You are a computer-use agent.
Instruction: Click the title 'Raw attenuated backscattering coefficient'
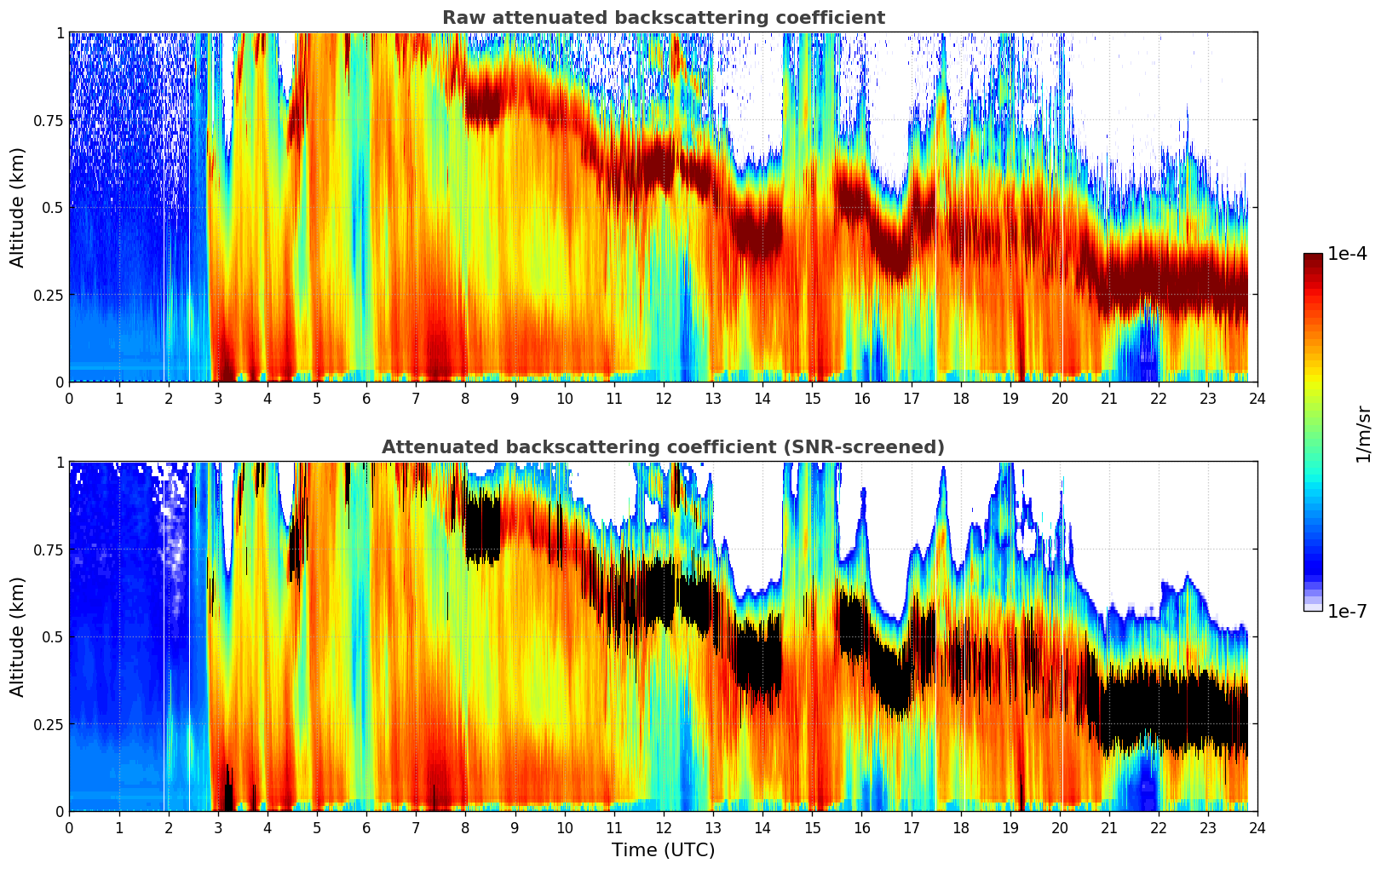[x=663, y=18]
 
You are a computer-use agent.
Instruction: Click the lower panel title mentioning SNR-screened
[x=663, y=447]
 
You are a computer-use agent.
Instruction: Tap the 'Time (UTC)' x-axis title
[x=663, y=850]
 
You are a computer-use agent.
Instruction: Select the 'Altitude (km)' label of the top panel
[x=18, y=207]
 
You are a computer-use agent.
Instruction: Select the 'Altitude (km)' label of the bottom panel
[x=18, y=636]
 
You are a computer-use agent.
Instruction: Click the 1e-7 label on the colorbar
[x=1348, y=611]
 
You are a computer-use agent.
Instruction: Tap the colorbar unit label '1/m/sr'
[x=1363, y=434]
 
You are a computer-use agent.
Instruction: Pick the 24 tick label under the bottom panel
[x=1257, y=828]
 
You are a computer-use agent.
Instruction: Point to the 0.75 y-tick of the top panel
[x=48, y=120]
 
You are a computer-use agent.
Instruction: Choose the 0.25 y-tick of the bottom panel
[x=48, y=724]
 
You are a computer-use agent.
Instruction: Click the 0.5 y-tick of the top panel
[x=53, y=207]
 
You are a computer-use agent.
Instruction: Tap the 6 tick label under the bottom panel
[x=366, y=828]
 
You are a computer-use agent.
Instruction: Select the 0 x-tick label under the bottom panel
[x=69, y=828]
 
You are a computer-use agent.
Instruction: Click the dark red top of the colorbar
[x=1313, y=258]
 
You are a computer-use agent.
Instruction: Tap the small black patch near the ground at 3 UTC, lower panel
[x=228, y=796]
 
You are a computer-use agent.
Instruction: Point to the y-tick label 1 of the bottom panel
[x=60, y=463]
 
